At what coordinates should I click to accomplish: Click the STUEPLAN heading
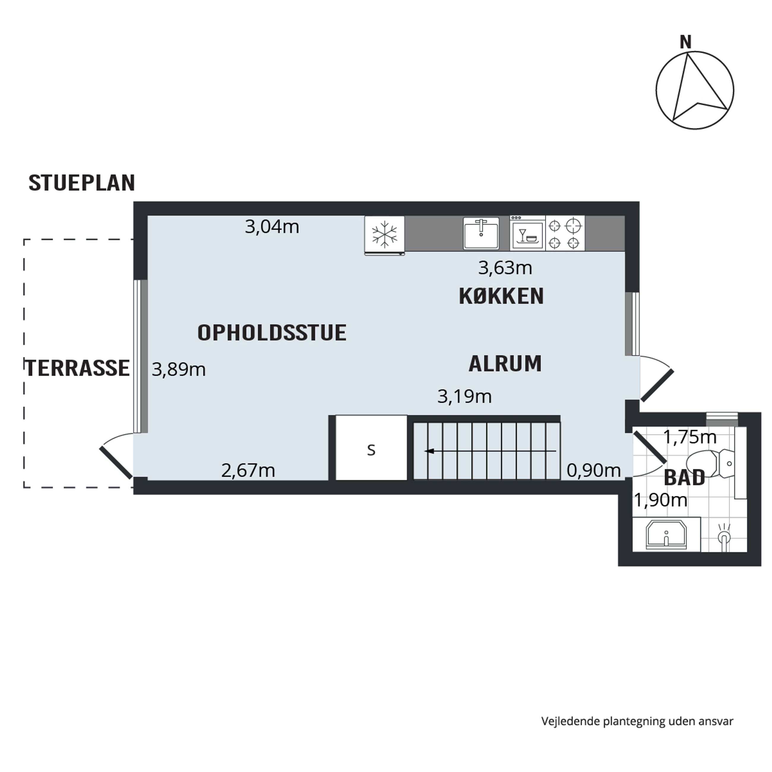(82, 183)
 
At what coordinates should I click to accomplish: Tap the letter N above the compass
(686, 42)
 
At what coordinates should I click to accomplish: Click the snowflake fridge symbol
(385, 235)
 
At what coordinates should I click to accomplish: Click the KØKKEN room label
(501, 296)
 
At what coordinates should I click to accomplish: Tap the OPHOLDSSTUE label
(272, 333)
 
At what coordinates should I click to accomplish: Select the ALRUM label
(505, 364)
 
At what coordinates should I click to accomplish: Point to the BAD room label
(684, 478)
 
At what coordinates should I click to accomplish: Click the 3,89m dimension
(179, 370)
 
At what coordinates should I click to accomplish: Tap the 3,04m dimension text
(272, 227)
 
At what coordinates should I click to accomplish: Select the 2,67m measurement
(248, 471)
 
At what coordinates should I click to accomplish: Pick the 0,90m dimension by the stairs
(593, 471)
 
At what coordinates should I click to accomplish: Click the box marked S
(371, 448)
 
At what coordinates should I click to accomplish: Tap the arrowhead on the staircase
(429, 451)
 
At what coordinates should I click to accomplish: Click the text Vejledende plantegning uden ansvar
(637, 721)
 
